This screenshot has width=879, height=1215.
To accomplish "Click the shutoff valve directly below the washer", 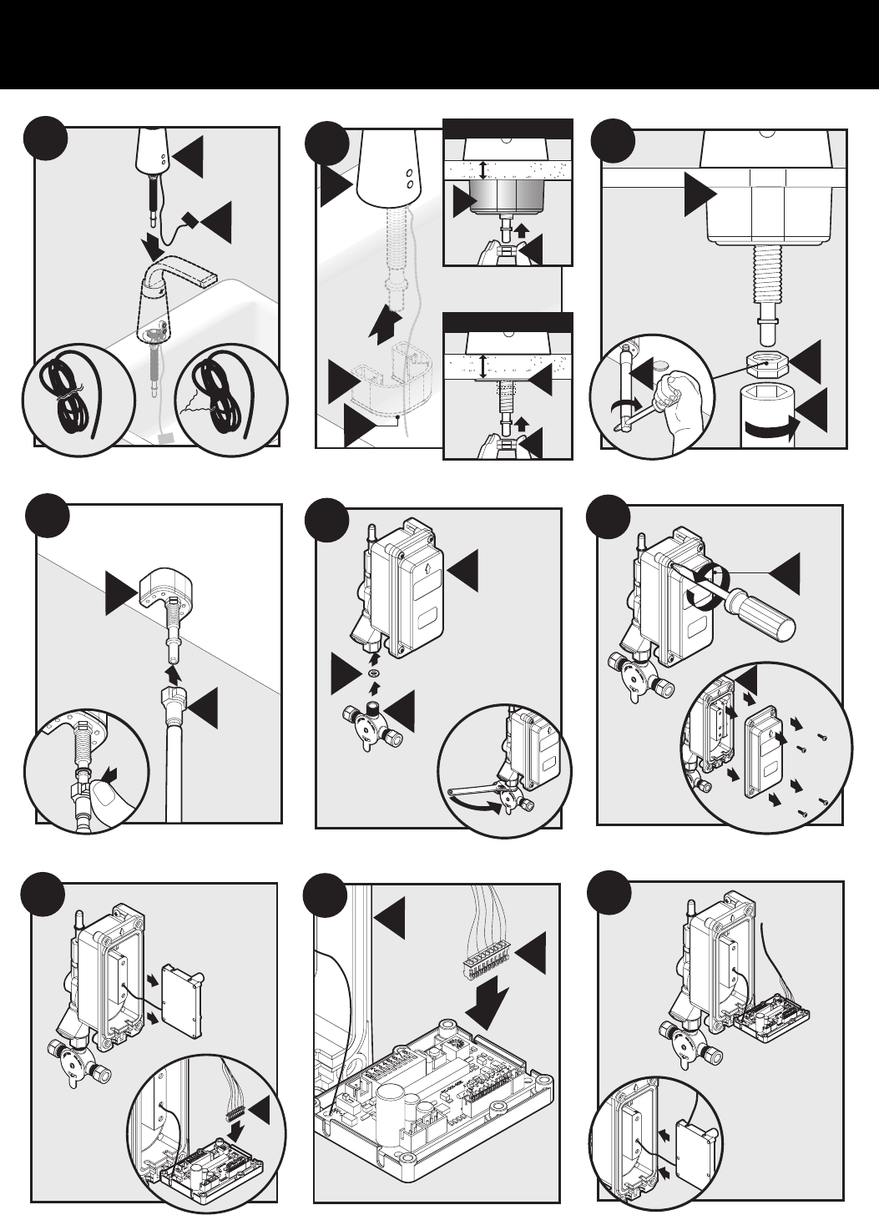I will coord(372,719).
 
